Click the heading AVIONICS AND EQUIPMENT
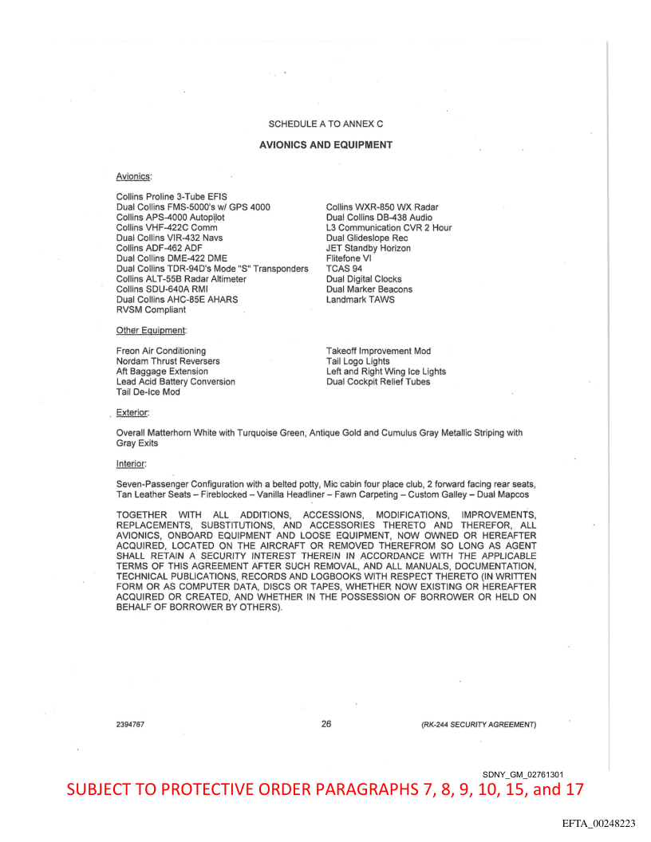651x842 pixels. coord(325,145)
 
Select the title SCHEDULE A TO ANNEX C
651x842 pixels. coord(325,124)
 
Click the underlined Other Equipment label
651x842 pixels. coord(151,330)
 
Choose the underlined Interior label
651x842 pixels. coord(131,463)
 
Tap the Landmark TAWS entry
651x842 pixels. coord(361,300)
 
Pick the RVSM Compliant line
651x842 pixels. coord(151,310)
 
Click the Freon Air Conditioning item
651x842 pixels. coord(161,351)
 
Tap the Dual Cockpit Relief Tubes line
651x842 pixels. coord(378,382)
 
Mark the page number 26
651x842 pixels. coord(325,724)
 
